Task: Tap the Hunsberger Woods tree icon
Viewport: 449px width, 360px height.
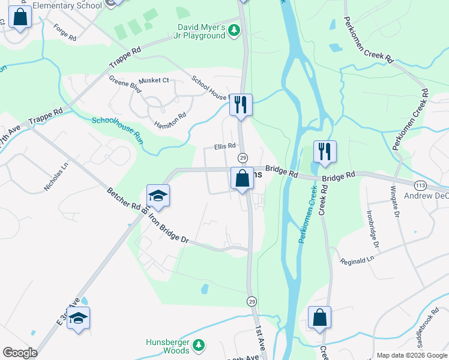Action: coord(199,346)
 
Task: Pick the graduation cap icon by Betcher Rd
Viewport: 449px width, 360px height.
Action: coord(158,195)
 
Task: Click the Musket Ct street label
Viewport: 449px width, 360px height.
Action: coord(154,80)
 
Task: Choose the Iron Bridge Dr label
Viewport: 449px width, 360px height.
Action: coord(169,228)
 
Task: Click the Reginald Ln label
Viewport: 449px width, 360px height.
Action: coord(357,260)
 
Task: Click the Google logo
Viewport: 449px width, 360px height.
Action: coord(20,353)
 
